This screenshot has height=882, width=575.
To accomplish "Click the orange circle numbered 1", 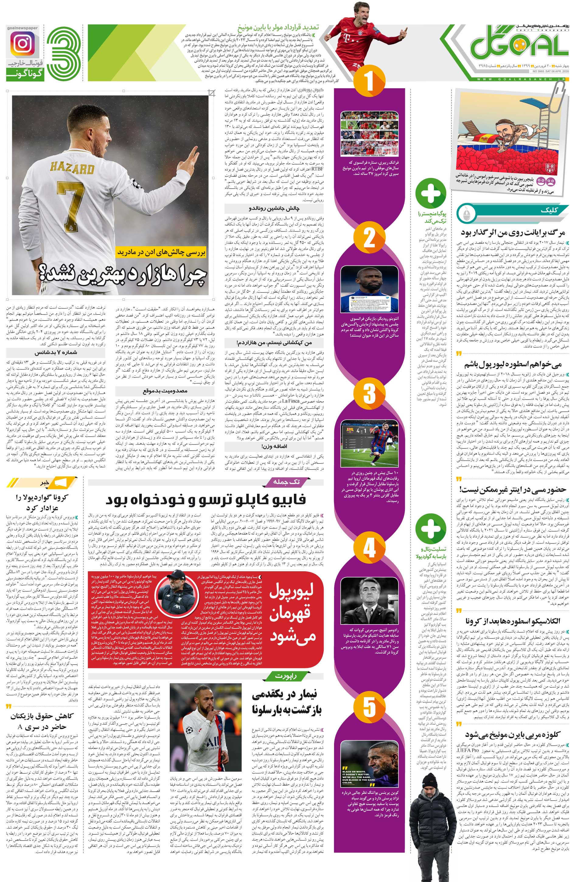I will click(368, 81).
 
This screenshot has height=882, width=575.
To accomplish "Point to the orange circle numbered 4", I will click(368, 548).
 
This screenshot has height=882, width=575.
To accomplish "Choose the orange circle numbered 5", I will click(368, 704).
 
